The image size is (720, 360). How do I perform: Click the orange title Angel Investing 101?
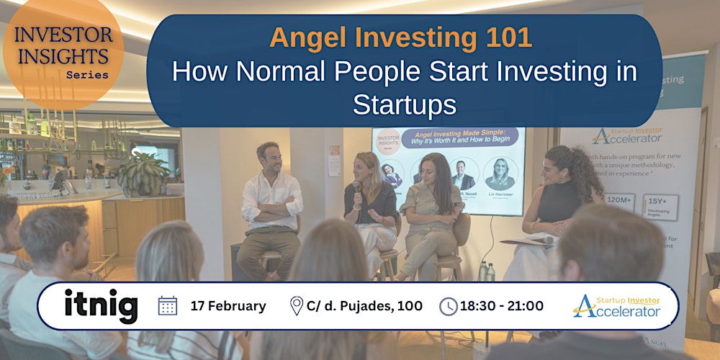click(x=400, y=37)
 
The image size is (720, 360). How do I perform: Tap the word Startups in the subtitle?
click(x=405, y=105)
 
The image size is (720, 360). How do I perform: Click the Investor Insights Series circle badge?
click(x=63, y=52)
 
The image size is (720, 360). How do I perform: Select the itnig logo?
click(x=101, y=306)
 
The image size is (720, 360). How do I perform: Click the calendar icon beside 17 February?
click(x=168, y=306)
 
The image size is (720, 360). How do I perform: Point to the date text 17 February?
click(x=228, y=306)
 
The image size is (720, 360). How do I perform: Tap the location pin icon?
click(x=296, y=306)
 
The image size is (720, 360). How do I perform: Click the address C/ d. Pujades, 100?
click(x=365, y=306)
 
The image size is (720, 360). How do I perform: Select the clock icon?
click(x=448, y=306)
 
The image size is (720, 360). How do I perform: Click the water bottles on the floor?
click(x=486, y=271)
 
